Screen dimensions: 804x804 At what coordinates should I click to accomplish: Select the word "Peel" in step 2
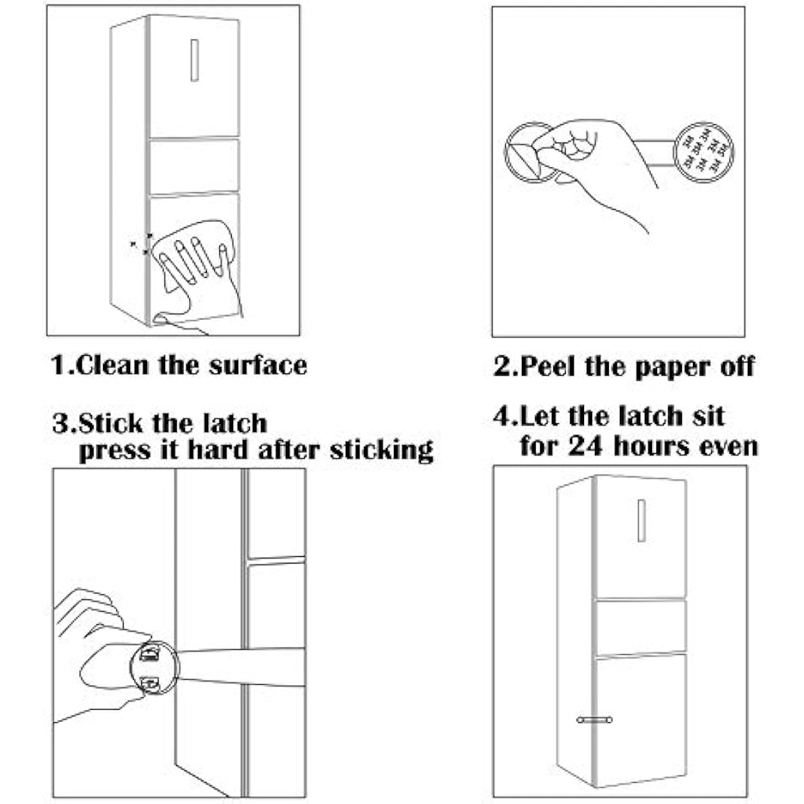click(x=548, y=365)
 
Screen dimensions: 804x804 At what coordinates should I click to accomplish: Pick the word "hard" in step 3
click(x=219, y=450)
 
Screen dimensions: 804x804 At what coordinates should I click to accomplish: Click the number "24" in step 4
click(x=587, y=445)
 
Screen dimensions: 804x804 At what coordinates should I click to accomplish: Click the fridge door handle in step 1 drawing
click(x=195, y=60)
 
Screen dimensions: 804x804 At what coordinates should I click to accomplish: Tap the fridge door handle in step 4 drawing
click(x=641, y=520)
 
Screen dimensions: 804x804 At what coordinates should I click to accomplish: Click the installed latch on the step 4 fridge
click(x=594, y=720)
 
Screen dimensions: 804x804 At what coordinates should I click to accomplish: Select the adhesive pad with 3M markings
click(x=702, y=151)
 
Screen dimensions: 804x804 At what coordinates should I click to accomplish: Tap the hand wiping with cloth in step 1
click(x=199, y=263)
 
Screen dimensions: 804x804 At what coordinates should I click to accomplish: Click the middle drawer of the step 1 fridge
click(x=194, y=165)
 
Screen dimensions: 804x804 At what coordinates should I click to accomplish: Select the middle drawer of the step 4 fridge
click(x=640, y=626)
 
